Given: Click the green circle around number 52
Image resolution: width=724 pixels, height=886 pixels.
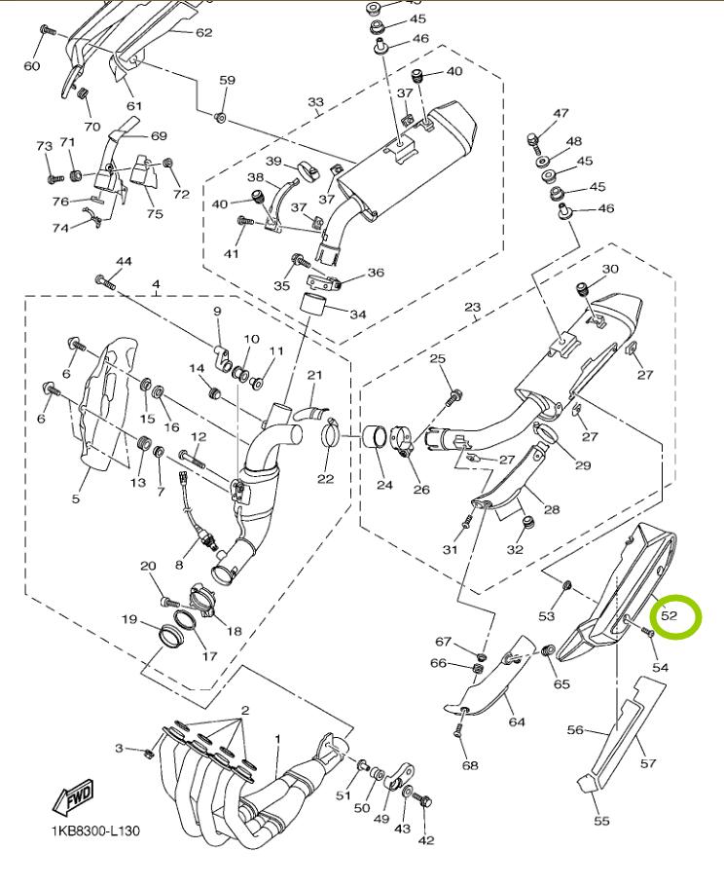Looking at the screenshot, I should [x=676, y=616].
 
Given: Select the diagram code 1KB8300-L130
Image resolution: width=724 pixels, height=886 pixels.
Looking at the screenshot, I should [x=96, y=831].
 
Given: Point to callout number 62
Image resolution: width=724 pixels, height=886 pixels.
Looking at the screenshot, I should [x=203, y=32].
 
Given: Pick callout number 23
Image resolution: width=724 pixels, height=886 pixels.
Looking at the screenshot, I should [x=472, y=307].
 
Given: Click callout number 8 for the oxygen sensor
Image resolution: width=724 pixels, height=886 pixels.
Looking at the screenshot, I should [x=179, y=565].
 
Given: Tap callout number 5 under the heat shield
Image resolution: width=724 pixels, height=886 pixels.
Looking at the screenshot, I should [x=75, y=499].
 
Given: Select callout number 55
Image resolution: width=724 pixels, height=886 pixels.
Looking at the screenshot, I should [x=601, y=820].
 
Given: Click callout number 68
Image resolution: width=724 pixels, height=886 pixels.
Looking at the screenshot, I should [x=470, y=765].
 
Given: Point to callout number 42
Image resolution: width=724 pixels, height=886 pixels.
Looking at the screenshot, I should [x=425, y=840].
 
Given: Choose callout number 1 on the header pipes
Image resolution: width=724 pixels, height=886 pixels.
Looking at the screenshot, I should [x=277, y=739].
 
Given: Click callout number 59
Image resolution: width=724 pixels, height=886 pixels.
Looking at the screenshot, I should [x=227, y=80].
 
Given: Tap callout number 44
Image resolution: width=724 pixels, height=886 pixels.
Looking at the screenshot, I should [x=124, y=262].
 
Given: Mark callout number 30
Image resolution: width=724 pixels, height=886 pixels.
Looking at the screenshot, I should [x=610, y=269].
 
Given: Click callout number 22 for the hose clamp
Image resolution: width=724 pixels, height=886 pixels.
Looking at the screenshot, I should [x=325, y=478].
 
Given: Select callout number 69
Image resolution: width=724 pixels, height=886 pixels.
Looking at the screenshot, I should [x=159, y=135].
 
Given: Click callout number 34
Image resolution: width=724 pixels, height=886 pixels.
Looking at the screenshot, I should [x=357, y=314].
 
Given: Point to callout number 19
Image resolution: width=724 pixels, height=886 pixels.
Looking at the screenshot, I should [x=128, y=619].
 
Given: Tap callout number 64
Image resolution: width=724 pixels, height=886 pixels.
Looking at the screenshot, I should [x=516, y=721].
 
